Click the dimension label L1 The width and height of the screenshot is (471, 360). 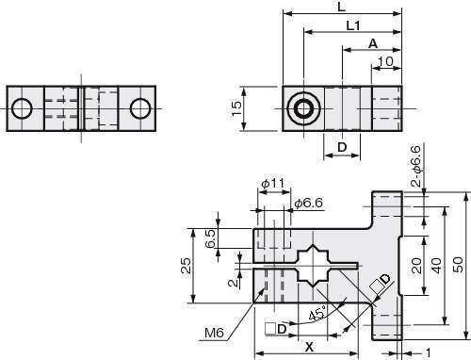[353, 25]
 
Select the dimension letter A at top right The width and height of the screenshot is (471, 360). [373, 43]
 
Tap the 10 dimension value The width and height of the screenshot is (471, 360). [385, 61]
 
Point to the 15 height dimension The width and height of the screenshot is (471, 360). [236, 108]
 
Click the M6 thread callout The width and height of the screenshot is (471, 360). [214, 333]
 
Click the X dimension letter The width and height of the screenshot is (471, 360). [309, 347]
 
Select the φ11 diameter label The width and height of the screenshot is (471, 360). [273, 183]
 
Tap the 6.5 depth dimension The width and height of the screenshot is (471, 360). [210, 238]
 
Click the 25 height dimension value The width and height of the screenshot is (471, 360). [187, 266]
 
